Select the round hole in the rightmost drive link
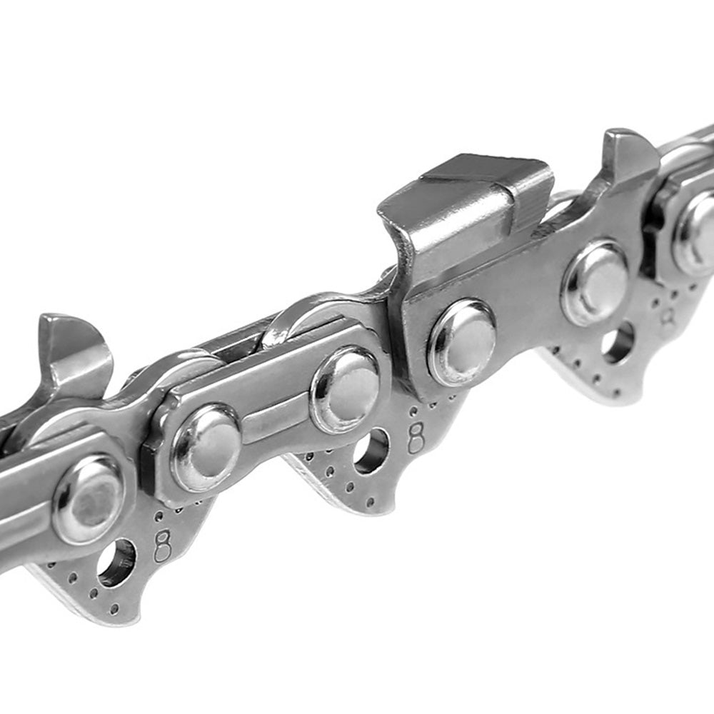pos(618,341)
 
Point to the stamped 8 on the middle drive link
pos(416,437)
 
